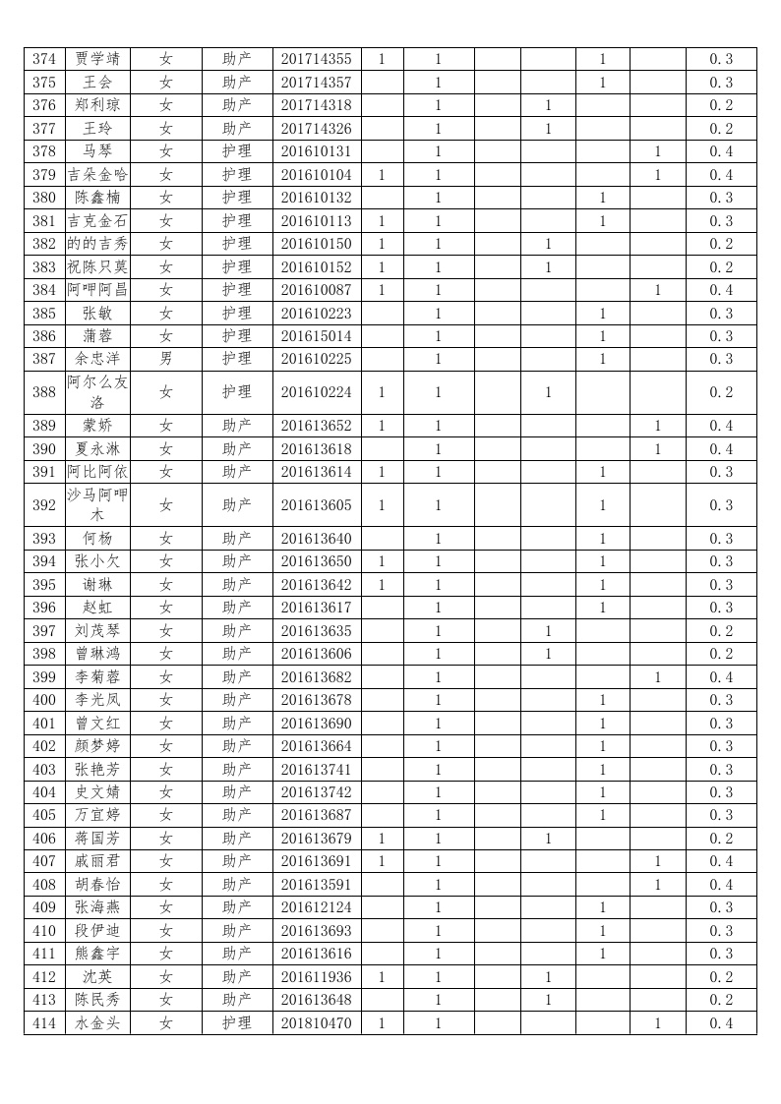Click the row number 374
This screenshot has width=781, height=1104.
[44, 59]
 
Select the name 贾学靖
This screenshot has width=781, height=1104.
[97, 59]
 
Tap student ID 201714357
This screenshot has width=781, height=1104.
[316, 83]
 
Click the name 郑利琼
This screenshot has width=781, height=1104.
[97, 105]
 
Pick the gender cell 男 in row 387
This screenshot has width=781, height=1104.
[165, 359]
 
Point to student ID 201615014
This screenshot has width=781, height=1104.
[316, 336]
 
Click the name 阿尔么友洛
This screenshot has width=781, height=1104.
[97, 392]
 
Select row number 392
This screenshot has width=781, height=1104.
[44, 505]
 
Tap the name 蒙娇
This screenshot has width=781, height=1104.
[97, 426]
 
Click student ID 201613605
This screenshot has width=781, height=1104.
[316, 505]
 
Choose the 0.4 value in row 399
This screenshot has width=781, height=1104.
[721, 677]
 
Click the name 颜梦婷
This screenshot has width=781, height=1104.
[97, 746]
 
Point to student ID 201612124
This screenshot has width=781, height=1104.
[316, 907]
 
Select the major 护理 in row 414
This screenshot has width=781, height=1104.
[236, 1023]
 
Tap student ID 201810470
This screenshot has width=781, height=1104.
[316, 1023]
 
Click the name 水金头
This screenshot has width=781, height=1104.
[97, 1023]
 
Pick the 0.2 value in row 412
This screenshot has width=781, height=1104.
[721, 977]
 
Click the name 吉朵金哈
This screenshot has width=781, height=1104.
[97, 175]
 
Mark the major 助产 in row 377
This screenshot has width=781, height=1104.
[236, 129]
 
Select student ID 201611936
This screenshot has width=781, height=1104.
[316, 977]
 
